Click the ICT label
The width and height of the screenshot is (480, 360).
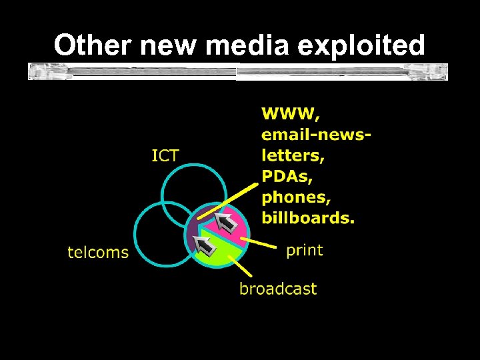point(165,156)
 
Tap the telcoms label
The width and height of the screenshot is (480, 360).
point(98,252)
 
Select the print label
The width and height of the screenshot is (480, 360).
point(304,251)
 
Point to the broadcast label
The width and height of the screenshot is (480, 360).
point(278,289)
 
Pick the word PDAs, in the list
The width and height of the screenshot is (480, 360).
point(287,177)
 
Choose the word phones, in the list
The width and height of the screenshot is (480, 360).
point(296,198)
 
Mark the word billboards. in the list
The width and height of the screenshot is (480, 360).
point(308,217)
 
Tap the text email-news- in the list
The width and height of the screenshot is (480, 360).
point(316,135)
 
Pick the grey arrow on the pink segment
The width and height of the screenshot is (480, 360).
point(226,223)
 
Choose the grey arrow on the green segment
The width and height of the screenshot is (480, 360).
point(207,246)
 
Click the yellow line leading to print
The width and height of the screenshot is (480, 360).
point(262,242)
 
